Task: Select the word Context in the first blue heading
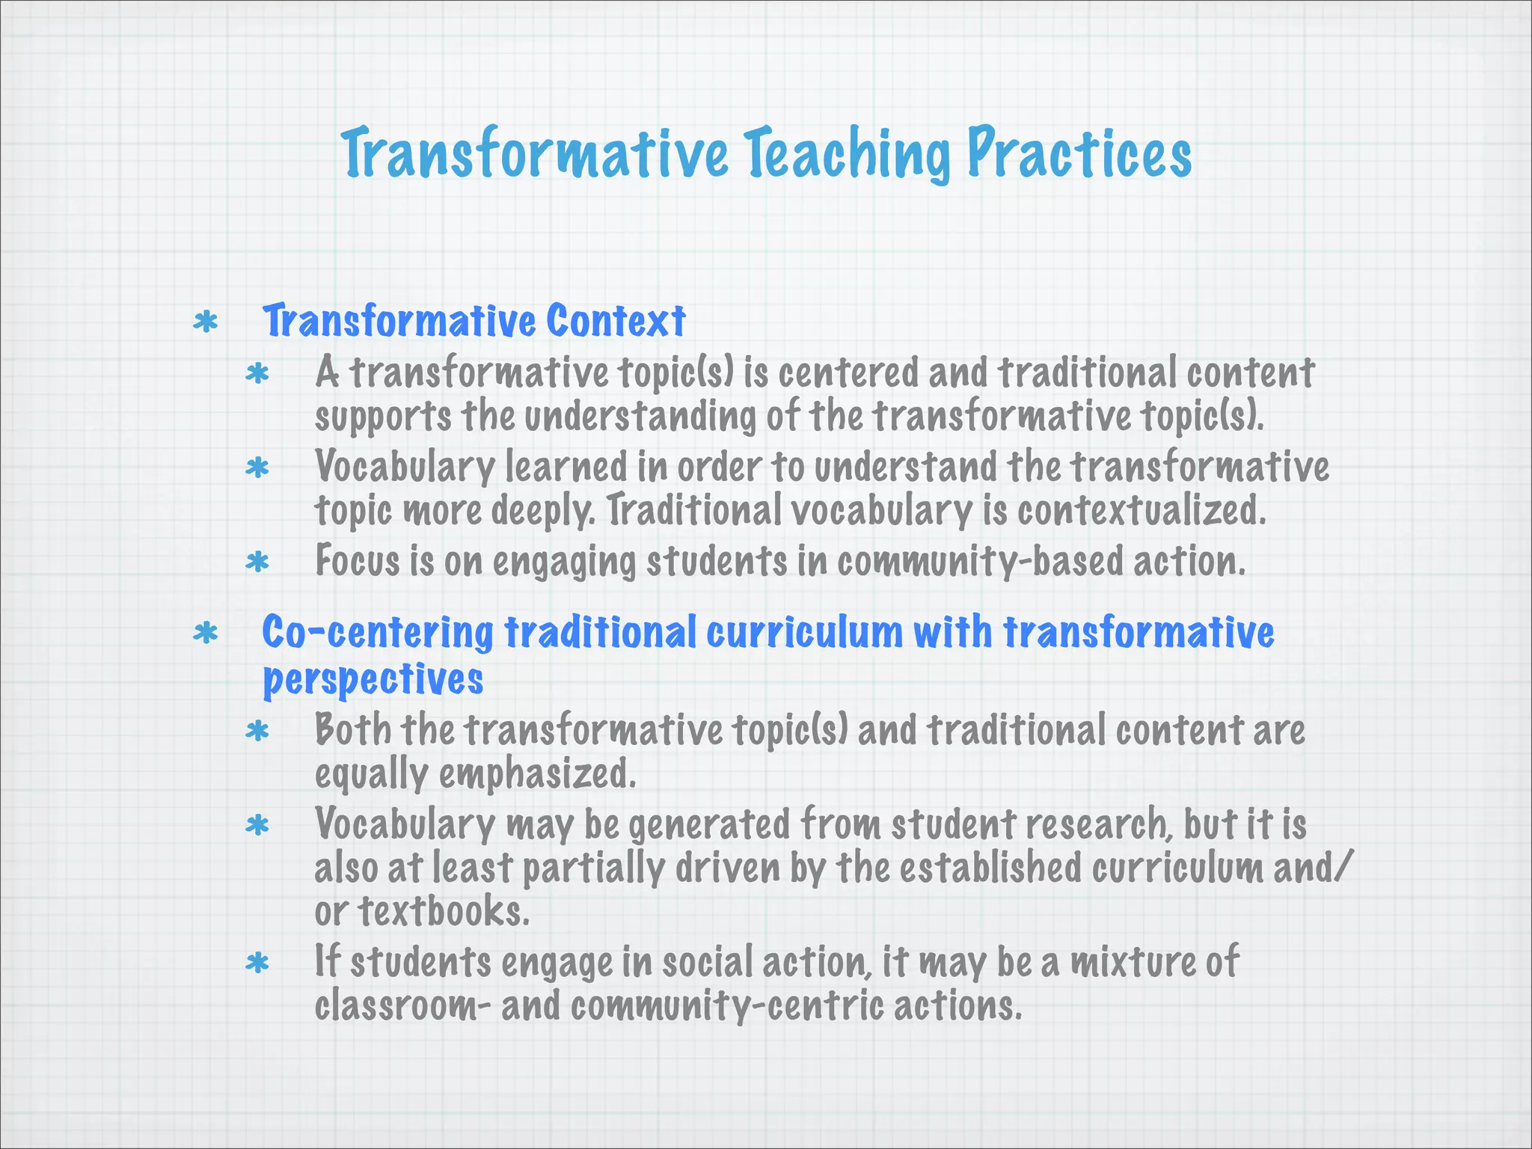[x=615, y=322]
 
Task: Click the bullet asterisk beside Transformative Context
[x=205, y=322]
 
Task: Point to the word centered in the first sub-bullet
[x=848, y=373]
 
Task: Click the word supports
[x=383, y=417]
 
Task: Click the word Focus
[x=358, y=560]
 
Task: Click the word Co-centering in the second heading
[x=377, y=633]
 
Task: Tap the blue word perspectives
[x=373, y=679]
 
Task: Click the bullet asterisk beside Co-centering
[x=205, y=634]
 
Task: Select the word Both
[x=352, y=729]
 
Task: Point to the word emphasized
[x=536, y=774]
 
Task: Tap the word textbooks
[x=444, y=911]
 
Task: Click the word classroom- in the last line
[x=403, y=1005]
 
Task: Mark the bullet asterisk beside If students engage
[x=257, y=963]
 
